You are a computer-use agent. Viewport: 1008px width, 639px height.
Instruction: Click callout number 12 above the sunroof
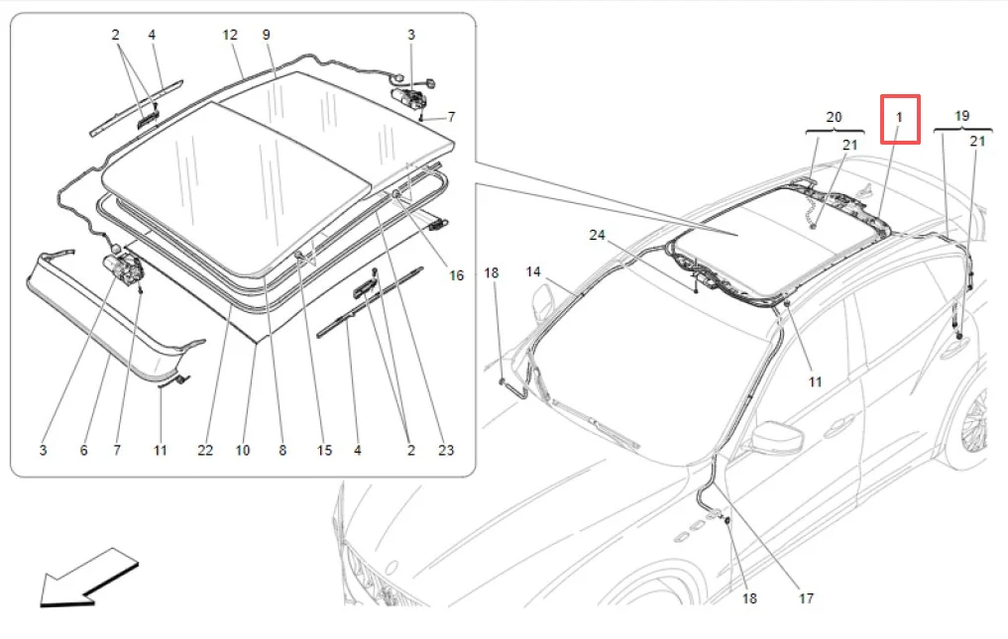(230, 35)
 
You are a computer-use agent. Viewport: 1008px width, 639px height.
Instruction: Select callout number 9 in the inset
(267, 35)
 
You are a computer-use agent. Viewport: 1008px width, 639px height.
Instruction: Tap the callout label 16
(457, 276)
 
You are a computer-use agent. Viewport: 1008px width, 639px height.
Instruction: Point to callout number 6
(83, 451)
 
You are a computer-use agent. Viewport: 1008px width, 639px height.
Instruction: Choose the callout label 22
(204, 451)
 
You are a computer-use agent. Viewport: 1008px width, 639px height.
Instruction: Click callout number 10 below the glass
(243, 451)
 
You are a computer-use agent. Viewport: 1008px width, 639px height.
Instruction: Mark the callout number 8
(282, 451)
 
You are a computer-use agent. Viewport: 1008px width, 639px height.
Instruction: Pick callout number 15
(324, 451)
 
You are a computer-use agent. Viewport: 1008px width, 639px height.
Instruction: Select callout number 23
(446, 451)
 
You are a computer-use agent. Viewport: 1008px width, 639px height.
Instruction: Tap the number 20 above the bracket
(834, 117)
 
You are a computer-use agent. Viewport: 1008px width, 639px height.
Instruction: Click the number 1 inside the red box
(900, 118)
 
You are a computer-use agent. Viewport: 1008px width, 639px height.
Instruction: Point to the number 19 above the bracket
(961, 117)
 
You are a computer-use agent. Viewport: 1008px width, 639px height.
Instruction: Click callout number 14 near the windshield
(533, 271)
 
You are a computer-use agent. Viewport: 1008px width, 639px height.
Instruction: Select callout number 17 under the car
(805, 598)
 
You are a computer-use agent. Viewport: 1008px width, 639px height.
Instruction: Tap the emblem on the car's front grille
(390, 570)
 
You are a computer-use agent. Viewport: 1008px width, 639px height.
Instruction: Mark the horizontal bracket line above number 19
(959, 131)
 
